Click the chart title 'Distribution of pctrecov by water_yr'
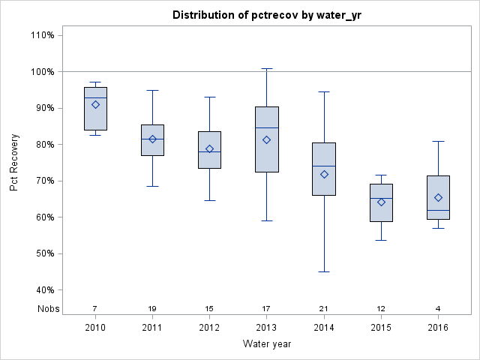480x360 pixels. pyautogui.click(x=267, y=15)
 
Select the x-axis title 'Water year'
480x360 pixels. pyautogui.click(x=267, y=343)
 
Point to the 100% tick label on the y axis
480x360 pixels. pyautogui.click(x=42, y=72)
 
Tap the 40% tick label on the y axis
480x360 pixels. pyautogui.click(x=44, y=290)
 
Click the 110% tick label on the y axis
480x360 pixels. pyautogui.click(x=42, y=35)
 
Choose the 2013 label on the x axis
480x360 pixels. pyautogui.click(x=267, y=327)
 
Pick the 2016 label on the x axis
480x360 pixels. pyautogui.click(x=438, y=327)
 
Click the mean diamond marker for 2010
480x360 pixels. pyautogui.click(x=95, y=104)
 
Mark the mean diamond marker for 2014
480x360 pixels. pyautogui.click(x=324, y=174)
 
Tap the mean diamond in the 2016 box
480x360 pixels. pyautogui.click(x=438, y=197)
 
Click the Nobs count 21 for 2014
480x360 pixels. pyautogui.click(x=324, y=308)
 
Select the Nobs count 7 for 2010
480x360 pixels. pyautogui.click(x=95, y=308)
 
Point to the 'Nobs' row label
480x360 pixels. pyautogui.click(x=46, y=308)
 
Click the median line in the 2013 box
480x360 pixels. pyautogui.click(x=267, y=127)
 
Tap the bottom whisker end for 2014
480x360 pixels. pyautogui.click(x=324, y=271)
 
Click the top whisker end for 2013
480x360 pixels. pyautogui.click(x=267, y=68)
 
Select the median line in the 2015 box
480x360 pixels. pyautogui.click(x=381, y=198)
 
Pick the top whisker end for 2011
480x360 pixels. pyautogui.click(x=152, y=90)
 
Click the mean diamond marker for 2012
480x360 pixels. pyautogui.click(x=209, y=148)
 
